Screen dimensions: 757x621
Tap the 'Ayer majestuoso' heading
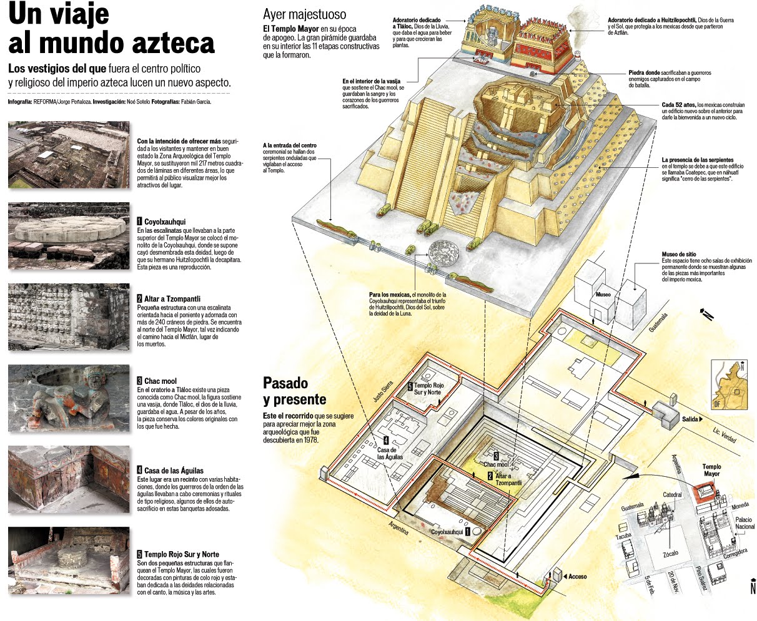[304, 14]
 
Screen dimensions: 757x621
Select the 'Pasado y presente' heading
[294, 391]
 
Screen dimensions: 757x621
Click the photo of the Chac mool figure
[69, 398]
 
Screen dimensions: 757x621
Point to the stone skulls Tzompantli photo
[69, 317]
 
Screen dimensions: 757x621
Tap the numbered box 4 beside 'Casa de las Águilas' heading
[140, 470]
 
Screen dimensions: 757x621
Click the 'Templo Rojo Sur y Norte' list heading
[181, 554]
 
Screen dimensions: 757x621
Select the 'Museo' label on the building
[603, 294]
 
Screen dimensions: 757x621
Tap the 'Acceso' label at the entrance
[577, 576]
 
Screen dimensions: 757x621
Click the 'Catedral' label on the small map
[672, 495]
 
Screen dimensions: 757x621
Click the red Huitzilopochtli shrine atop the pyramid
[541, 41]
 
